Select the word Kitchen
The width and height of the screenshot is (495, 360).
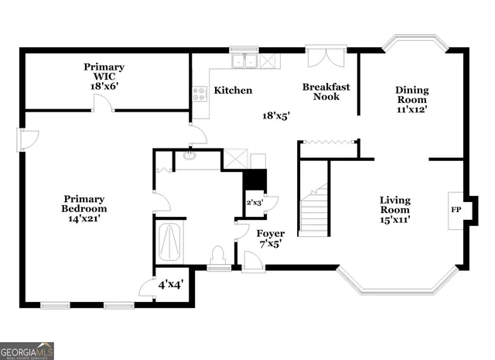coord(233,91)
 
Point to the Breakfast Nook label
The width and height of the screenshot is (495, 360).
coord(326,91)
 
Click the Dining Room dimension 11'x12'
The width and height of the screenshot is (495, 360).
coord(412,110)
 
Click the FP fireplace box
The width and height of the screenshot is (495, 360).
coord(456,210)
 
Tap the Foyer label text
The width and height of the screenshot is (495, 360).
coord(270,233)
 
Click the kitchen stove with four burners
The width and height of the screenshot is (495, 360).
coord(200,94)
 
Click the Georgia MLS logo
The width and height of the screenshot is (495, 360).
coord(27,351)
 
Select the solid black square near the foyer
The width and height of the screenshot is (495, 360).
coord(254,180)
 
